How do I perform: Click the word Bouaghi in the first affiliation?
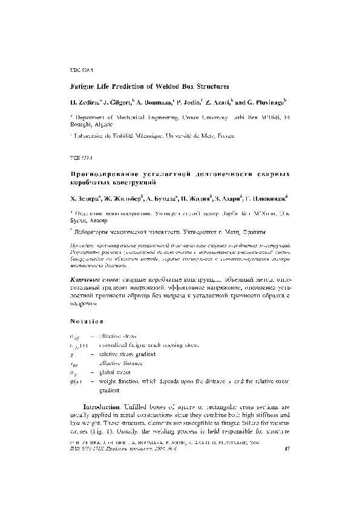[80, 123]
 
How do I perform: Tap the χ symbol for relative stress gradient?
[72, 354]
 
